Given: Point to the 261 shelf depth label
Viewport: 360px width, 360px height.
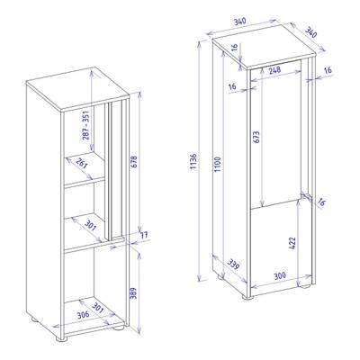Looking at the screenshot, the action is point(82,163).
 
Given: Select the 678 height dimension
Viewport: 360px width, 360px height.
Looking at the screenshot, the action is point(134,162).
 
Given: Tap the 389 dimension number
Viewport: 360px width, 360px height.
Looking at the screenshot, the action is point(133,293).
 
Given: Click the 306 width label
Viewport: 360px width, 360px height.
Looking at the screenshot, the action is point(83,315).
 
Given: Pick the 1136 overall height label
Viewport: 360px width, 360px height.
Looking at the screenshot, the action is point(193,161).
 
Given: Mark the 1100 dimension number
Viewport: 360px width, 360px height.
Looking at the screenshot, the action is point(218,164).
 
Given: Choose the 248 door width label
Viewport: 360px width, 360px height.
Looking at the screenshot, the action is point(274,70).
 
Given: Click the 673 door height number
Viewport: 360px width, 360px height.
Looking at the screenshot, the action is point(257,137).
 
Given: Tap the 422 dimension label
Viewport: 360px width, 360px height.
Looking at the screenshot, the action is point(292,244).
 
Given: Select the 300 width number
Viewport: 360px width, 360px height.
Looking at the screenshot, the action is point(280,275).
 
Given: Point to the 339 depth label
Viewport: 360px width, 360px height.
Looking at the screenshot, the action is point(233,264).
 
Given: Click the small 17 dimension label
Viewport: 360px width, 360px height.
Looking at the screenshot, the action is point(144,235).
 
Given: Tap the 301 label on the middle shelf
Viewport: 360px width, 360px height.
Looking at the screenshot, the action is point(90,225).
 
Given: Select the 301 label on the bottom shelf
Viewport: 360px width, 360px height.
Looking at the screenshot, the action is point(97,309).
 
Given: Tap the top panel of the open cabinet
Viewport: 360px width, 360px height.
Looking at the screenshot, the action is point(77,89).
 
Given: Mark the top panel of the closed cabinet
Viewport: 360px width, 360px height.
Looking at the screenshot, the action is point(265,46).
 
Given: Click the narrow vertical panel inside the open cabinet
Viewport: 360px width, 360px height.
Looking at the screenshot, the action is point(116,170).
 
